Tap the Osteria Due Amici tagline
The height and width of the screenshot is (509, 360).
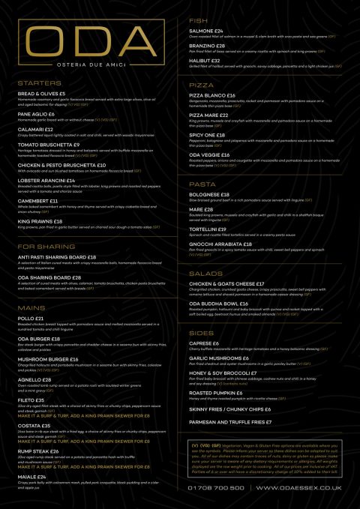[89, 64]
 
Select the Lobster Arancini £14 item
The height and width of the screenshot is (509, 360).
[46, 181]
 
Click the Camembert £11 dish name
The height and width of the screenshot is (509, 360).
[38, 202]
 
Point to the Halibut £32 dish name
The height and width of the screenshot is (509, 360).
[205, 61]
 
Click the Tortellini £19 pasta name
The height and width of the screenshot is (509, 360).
[212, 229]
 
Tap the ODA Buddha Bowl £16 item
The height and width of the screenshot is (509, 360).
[223, 302]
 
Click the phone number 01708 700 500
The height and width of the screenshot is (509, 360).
[218, 488]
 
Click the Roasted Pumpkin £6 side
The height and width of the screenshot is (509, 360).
[216, 392]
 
